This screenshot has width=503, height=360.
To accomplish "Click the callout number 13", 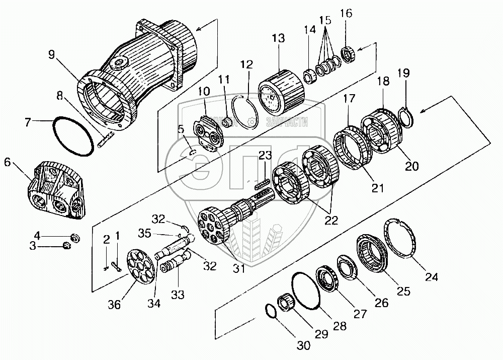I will tap(278, 39).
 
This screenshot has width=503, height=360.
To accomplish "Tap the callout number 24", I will tap(431, 276).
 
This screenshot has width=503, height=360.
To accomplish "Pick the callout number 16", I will tap(348, 13).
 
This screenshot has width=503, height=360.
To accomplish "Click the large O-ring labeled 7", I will tap(73, 136).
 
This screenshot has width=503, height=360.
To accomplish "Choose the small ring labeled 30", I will tap(271, 311).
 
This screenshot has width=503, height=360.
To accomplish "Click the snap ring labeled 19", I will tap(406, 116).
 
